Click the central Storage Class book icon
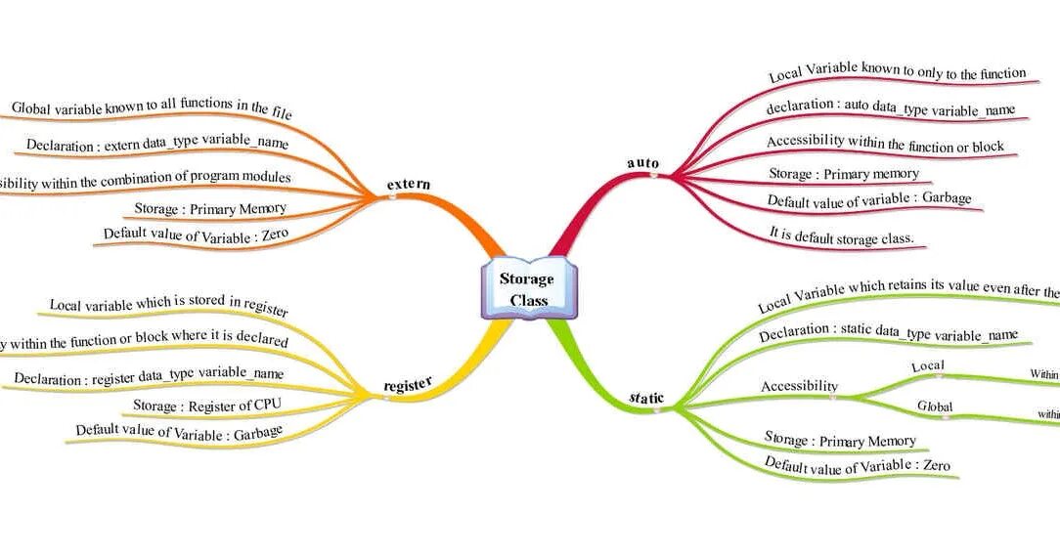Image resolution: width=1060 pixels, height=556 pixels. click(528, 290)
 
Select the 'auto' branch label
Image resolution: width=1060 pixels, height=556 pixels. click(642, 162)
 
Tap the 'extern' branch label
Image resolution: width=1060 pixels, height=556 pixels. click(408, 185)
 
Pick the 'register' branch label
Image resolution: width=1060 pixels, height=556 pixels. click(407, 385)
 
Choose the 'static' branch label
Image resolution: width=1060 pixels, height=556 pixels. click(646, 399)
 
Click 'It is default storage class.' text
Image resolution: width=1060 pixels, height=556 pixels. click(842, 236)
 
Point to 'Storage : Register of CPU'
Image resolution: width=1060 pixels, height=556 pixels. click(201, 404)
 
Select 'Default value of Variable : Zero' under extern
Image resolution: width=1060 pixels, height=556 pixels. click(197, 235)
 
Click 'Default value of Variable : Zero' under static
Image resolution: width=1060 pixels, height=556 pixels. click(857, 466)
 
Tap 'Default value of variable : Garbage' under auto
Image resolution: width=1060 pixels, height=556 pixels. click(869, 199)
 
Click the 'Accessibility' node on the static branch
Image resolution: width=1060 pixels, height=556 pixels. click(799, 386)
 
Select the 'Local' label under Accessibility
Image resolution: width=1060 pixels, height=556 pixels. click(927, 366)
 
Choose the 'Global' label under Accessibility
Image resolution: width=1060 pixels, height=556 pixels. click(934, 406)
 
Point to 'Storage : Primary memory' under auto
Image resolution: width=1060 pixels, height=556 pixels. click(844, 174)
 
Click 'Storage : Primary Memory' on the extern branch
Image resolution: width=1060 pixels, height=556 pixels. click(209, 208)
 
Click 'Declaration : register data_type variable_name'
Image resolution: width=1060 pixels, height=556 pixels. click(149, 375)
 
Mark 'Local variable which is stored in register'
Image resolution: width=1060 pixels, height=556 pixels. click(168, 305)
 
